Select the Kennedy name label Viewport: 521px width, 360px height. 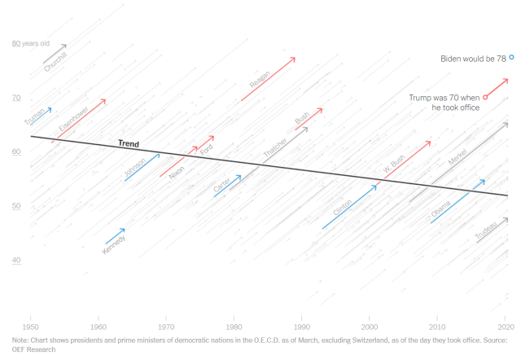(x=114, y=244)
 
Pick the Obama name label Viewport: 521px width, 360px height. (x=440, y=211)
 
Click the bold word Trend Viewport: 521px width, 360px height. (x=129, y=144)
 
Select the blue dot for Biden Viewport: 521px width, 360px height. (x=511, y=57)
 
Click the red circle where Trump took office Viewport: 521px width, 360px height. (x=485, y=97)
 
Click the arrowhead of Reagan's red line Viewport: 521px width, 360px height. (x=294, y=59)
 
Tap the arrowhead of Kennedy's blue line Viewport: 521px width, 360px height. (x=124, y=230)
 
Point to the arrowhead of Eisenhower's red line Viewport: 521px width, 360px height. (x=104, y=100)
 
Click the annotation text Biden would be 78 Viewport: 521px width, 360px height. (x=473, y=58)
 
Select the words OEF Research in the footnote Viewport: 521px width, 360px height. (x=33, y=349)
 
